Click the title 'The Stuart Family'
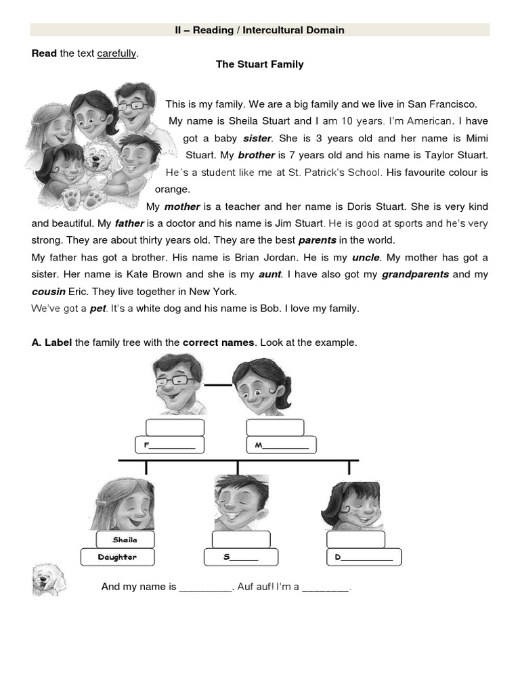259,64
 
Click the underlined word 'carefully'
116,53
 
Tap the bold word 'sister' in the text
257,138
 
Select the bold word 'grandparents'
415,274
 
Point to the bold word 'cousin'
49,291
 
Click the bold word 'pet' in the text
98,309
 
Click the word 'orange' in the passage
173,189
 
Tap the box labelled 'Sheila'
125,539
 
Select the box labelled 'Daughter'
117,557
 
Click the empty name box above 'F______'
175,427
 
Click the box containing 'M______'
282,445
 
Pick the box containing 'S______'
241,557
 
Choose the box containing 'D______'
364,557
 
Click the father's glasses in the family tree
174,380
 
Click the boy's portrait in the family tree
240,502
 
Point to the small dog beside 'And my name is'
49,581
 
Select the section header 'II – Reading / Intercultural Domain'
259,30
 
